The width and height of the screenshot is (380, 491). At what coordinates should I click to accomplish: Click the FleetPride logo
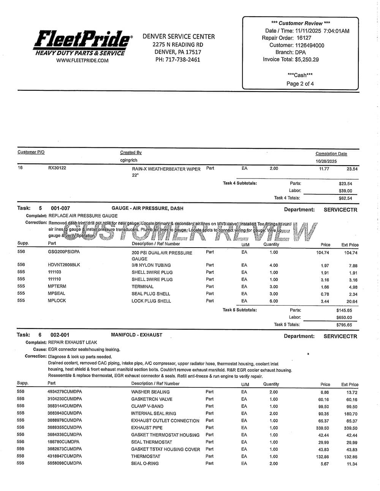click(x=83, y=42)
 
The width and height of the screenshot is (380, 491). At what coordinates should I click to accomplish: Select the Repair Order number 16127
click(x=304, y=38)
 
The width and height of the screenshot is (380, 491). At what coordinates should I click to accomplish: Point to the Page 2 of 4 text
click(x=300, y=84)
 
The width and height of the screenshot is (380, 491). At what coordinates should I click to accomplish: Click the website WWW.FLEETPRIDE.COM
click(x=82, y=60)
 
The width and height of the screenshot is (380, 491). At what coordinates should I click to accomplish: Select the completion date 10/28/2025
click(x=326, y=161)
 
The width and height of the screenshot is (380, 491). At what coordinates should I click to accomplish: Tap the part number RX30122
click(x=57, y=168)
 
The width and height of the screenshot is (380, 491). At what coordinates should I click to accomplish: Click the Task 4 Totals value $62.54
click(x=345, y=198)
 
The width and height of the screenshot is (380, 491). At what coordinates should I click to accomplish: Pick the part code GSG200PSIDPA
click(x=64, y=252)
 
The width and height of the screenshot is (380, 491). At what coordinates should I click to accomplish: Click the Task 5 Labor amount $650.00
click(x=344, y=317)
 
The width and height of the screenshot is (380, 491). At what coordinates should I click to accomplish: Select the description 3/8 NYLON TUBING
click(x=151, y=265)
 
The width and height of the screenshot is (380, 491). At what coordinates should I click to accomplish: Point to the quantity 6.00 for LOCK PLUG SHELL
click(x=274, y=301)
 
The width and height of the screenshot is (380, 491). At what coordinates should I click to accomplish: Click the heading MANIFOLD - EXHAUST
click(x=136, y=335)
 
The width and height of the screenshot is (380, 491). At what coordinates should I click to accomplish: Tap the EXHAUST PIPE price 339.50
click(x=322, y=428)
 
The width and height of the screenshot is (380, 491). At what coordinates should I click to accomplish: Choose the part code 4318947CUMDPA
click(x=65, y=456)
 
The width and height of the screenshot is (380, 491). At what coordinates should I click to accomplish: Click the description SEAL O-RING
click(x=145, y=463)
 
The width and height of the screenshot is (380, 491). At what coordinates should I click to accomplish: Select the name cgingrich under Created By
click(x=129, y=160)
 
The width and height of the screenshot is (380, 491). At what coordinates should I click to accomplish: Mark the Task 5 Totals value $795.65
click(x=344, y=325)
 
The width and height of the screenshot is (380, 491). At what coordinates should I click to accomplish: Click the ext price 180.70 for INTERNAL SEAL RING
click(x=350, y=414)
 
